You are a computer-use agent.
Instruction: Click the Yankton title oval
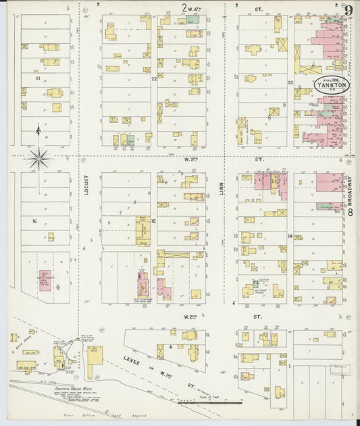(331, 86)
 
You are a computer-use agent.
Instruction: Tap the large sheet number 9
(349, 10)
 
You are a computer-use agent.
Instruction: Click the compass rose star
(39, 159)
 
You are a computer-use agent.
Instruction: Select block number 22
(154, 79)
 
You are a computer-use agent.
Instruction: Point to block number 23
(290, 82)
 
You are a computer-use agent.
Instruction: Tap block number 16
(32, 221)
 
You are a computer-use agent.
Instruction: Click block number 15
(154, 221)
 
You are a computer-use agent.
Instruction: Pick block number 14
(290, 236)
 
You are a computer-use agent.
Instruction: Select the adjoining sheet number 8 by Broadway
(351, 213)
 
